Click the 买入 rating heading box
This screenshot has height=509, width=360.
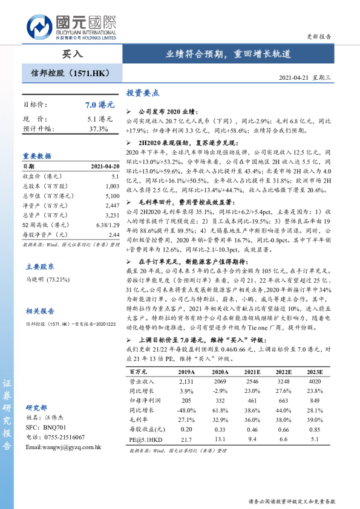pos(72,54)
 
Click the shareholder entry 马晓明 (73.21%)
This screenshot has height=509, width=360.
pos(48,280)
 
